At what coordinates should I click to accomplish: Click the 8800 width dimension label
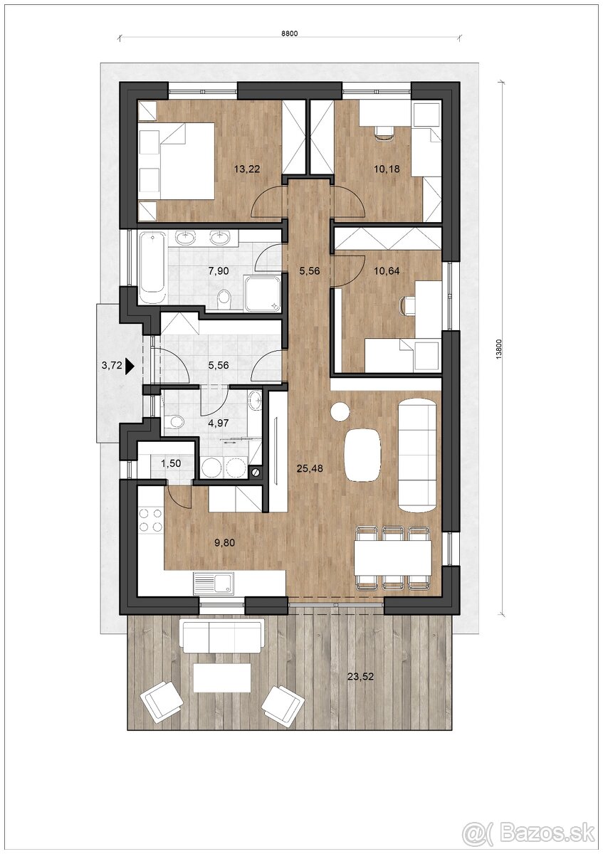pyautogui.click(x=289, y=33)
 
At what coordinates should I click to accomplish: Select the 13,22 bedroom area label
pyautogui.click(x=247, y=169)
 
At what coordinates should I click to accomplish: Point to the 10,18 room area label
pyautogui.click(x=387, y=169)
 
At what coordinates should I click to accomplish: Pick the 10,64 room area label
pyautogui.click(x=387, y=271)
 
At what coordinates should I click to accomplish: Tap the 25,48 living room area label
pyautogui.click(x=310, y=468)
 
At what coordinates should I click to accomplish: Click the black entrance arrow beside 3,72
pyautogui.click(x=130, y=366)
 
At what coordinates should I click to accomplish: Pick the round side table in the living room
pyautogui.click(x=340, y=412)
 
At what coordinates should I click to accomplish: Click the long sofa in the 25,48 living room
pyautogui.click(x=417, y=455)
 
